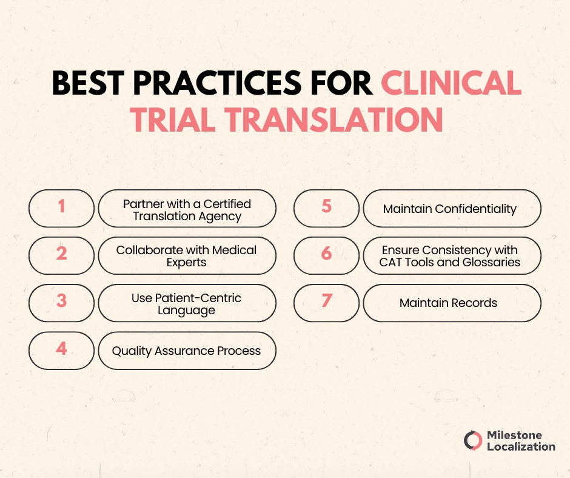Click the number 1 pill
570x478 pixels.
(x=61, y=208)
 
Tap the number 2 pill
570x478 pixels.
(x=61, y=255)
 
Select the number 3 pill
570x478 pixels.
(x=61, y=303)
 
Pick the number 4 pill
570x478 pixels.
(x=61, y=350)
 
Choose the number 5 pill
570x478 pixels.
(x=326, y=208)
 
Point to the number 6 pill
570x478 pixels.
(x=326, y=255)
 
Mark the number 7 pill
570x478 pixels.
(x=326, y=303)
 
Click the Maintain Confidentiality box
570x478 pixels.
(x=451, y=209)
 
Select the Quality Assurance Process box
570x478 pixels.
(x=187, y=351)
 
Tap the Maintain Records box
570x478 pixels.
(x=451, y=303)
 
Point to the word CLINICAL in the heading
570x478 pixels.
(x=451, y=85)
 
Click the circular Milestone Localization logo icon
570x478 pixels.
(x=473, y=441)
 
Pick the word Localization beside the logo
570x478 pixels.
(x=521, y=447)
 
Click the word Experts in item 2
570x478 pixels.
(x=187, y=263)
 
